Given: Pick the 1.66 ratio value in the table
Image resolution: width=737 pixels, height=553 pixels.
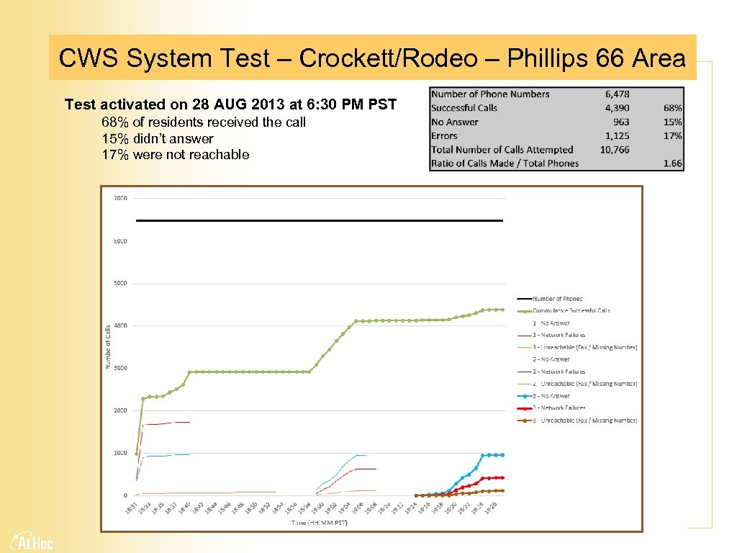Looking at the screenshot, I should [x=672, y=163].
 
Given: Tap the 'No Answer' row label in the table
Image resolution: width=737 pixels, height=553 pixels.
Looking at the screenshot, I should [x=455, y=122].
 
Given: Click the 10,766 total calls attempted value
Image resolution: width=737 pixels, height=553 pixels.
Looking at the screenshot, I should [x=615, y=150].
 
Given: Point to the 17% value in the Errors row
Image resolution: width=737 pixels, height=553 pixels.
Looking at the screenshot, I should [x=672, y=135].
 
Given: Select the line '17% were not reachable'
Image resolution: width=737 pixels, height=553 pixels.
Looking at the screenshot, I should [x=176, y=154].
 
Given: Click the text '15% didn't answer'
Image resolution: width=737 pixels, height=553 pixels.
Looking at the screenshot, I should [x=158, y=138].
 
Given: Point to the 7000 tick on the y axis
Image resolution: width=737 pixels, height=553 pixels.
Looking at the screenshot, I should [x=119, y=198].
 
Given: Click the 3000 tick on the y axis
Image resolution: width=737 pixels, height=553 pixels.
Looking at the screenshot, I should [x=119, y=368].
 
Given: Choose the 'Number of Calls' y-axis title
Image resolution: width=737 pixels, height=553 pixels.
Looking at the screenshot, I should [x=109, y=346].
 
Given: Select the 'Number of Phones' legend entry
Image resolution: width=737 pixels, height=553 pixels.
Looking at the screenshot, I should [x=557, y=299].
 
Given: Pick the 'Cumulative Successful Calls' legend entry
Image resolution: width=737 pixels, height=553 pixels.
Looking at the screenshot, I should [x=571, y=311].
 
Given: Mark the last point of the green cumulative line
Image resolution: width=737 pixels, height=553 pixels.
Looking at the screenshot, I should [x=502, y=310].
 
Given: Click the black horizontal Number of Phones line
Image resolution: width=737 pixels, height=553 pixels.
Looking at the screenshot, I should [x=319, y=220].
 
